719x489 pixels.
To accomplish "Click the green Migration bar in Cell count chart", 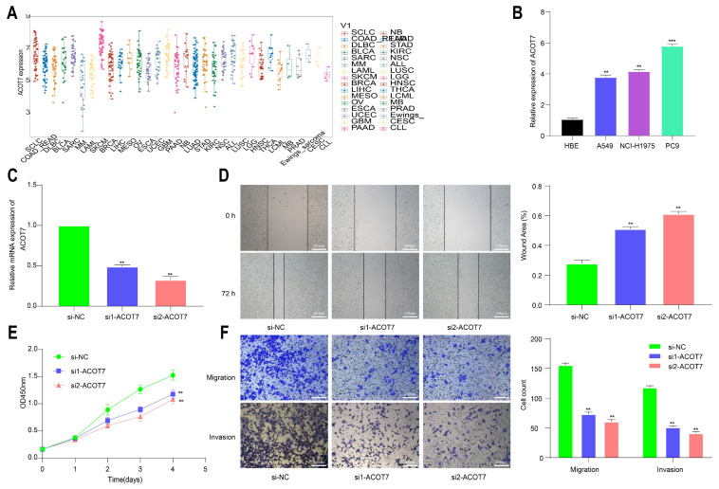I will tap(565, 411).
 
